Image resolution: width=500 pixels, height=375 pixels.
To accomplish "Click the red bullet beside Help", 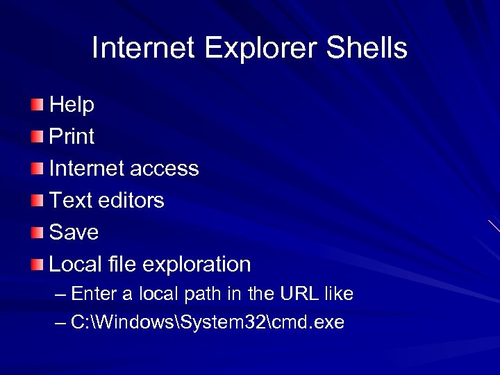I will tap(37, 105).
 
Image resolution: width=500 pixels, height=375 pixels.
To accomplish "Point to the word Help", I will tap(72, 105).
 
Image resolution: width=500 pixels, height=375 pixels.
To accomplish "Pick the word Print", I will tap(72, 137).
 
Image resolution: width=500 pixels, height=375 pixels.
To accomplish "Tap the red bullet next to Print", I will tap(37, 137).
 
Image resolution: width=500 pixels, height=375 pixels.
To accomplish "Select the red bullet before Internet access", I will tap(37, 169).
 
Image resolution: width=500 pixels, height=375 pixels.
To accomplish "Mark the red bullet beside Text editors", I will tap(37, 201).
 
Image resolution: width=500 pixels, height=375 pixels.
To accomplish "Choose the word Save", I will tap(74, 233).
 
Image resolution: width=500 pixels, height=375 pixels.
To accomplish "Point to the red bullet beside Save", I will tap(37, 233).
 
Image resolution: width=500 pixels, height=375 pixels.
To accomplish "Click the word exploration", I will tap(197, 265).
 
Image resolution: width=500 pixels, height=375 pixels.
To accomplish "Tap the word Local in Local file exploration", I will tap(76, 265).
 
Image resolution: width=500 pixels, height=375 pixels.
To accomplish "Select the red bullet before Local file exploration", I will tap(37, 265).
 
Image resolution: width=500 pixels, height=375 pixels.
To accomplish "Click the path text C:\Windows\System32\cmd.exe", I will tap(208, 323).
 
